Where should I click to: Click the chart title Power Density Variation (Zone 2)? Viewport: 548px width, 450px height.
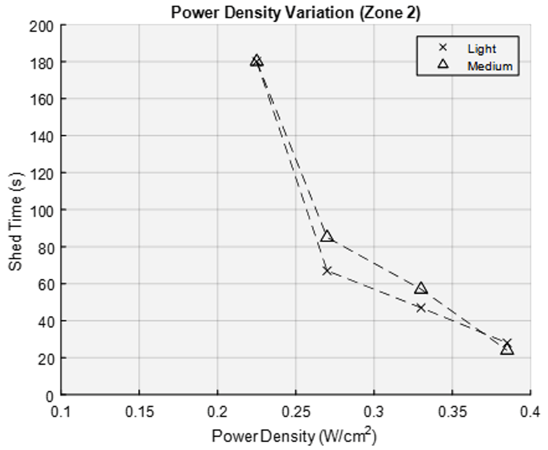(296, 12)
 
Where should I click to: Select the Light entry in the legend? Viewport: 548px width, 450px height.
(482, 48)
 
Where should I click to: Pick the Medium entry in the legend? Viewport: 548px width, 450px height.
(490, 66)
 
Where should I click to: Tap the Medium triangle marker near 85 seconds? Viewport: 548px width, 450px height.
(327, 236)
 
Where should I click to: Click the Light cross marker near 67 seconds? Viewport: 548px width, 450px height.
(327, 271)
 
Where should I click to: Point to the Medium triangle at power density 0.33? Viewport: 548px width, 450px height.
(421, 288)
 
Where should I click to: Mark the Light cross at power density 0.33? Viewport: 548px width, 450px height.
(421, 308)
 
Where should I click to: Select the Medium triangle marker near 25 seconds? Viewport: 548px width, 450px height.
(507, 349)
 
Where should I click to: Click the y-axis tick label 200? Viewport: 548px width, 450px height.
(41, 26)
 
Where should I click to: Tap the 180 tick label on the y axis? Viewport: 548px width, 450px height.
(41, 62)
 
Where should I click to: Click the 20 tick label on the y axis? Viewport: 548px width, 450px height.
(46, 359)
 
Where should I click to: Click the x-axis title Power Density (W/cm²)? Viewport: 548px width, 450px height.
(294, 436)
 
